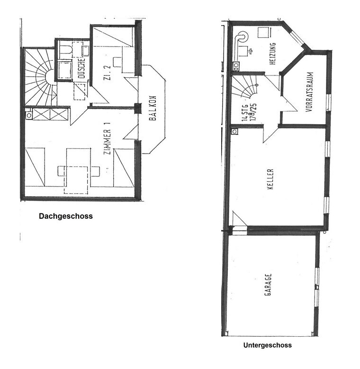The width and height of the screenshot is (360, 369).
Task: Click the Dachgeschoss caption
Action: pyautogui.click(x=66, y=216)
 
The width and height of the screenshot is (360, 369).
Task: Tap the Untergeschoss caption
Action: pyautogui.click(x=268, y=345)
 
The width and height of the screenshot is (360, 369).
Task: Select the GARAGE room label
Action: pyautogui.click(x=268, y=285)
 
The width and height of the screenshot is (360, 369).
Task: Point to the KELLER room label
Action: pyautogui.click(x=270, y=179)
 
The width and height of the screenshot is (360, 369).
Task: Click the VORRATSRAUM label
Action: pyautogui.click(x=310, y=92)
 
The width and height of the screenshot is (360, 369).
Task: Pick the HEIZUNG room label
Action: pyautogui.click(x=272, y=54)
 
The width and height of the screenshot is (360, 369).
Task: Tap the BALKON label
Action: pyautogui.click(x=153, y=108)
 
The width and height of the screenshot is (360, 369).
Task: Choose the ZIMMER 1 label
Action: pyautogui.click(x=107, y=138)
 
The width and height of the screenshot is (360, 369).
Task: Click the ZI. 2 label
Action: pyautogui.click(x=108, y=73)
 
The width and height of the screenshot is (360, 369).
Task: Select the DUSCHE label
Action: pyautogui.click(x=81, y=68)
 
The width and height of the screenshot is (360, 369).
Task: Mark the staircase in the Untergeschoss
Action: pyautogui.click(x=245, y=87)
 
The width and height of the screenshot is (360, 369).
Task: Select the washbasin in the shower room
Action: pyautogui.click(x=86, y=51)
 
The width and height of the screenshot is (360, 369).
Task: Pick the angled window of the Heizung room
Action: pyautogui.click(x=297, y=36)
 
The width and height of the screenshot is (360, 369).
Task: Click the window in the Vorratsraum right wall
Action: pyautogui.click(x=329, y=102)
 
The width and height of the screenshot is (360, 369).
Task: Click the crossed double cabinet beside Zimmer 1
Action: pyautogui.click(x=50, y=114)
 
